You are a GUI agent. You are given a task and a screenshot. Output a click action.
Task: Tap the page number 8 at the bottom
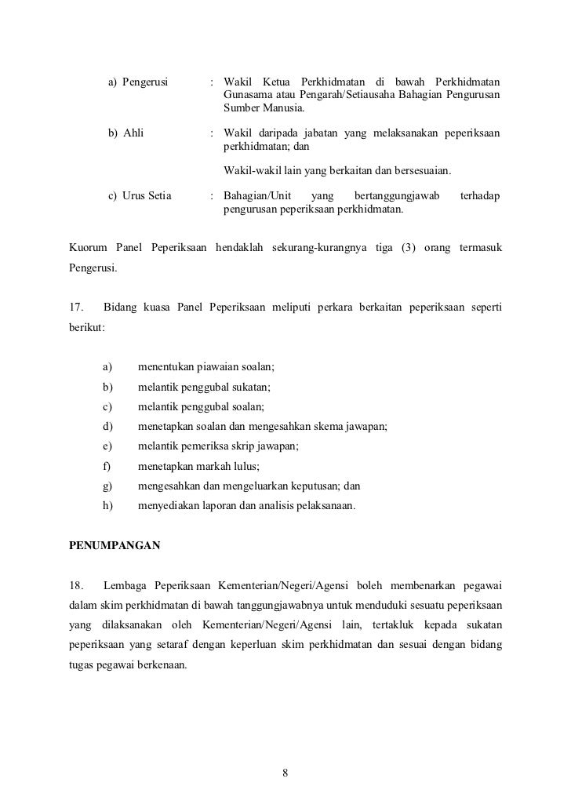point(285,773)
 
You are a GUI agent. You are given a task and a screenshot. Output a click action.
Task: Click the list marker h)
point(107,506)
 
